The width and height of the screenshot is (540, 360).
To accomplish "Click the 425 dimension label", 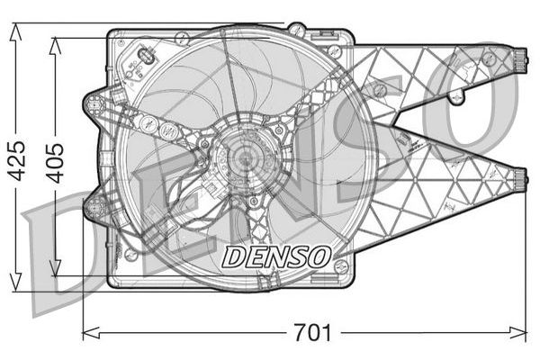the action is click(x=16, y=160).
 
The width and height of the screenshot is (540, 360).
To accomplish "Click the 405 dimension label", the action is click(x=56, y=163).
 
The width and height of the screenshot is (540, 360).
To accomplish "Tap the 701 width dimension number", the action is click(x=312, y=333).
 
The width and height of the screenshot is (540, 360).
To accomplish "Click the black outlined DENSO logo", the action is click(x=276, y=256).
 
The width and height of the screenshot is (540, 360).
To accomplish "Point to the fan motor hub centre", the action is click(x=245, y=158).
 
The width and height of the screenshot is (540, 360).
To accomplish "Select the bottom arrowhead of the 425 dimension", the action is click(x=15, y=283).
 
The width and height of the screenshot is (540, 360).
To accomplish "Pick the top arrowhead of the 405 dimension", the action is click(x=55, y=46).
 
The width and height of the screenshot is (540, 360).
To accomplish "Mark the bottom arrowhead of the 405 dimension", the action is click(x=55, y=267).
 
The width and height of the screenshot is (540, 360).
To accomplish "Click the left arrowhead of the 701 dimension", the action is click(x=92, y=333).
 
